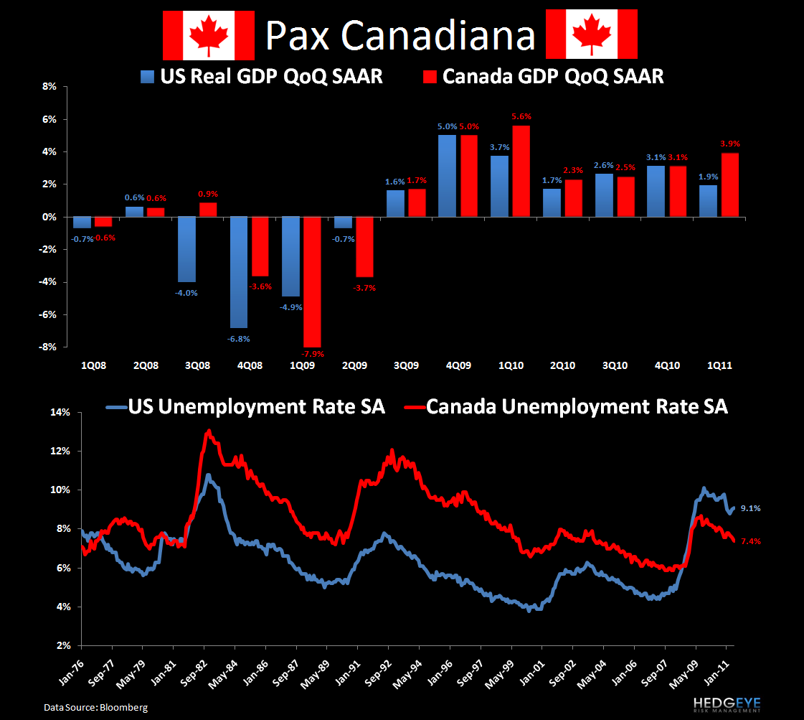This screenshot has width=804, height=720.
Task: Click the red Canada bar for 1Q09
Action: point(313,281)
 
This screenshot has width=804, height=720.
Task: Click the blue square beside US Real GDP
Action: point(148,77)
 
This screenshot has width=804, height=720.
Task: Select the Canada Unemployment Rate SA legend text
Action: point(577,407)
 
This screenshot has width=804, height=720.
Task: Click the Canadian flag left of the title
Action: point(209,34)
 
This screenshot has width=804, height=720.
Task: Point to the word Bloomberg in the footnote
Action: point(123,708)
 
